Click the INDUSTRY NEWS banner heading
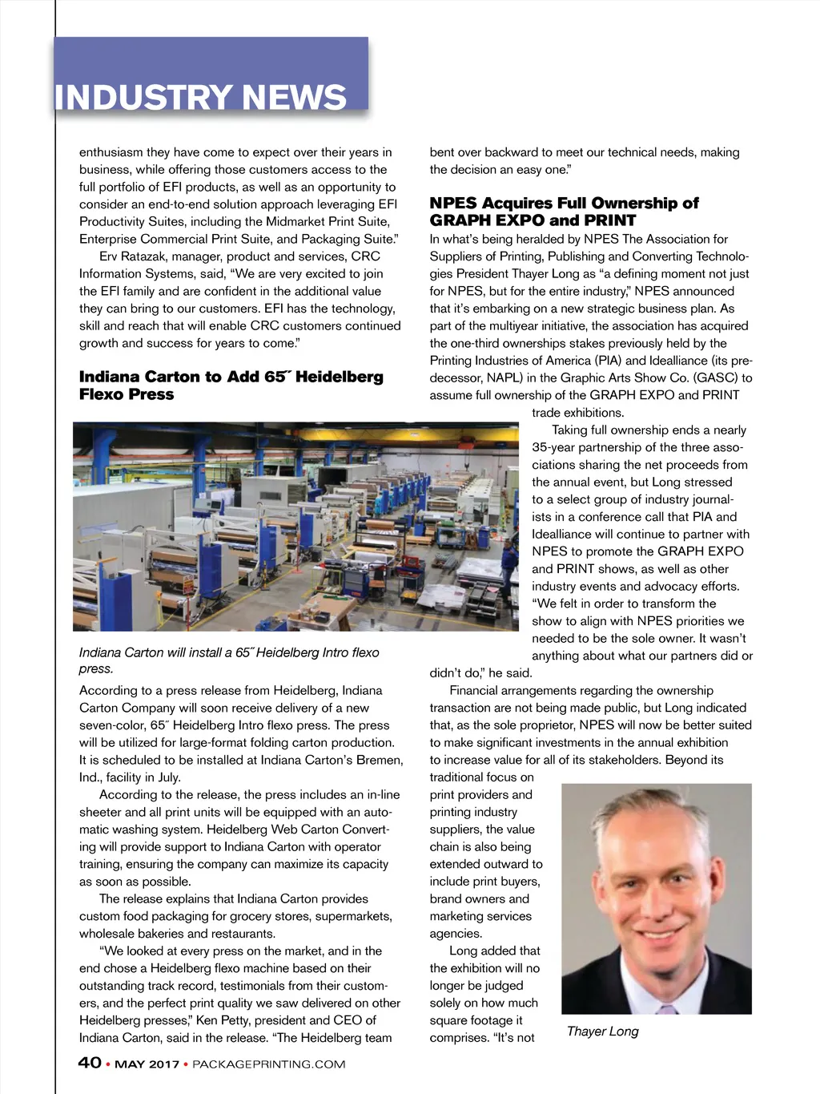pyautogui.click(x=201, y=98)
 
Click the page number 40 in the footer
pyautogui.click(x=90, y=1063)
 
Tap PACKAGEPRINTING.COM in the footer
pyautogui.click(x=269, y=1064)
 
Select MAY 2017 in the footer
pyautogui.click(x=147, y=1064)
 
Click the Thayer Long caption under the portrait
pyautogui.click(x=602, y=1031)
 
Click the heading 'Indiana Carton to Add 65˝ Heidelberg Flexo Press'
pyautogui.click(x=231, y=386)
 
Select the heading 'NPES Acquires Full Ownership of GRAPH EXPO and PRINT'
pyautogui.click(x=564, y=212)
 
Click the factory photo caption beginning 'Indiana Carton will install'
pyautogui.click(x=229, y=660)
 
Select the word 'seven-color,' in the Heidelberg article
pyautogui.click(x=112, y=725)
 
